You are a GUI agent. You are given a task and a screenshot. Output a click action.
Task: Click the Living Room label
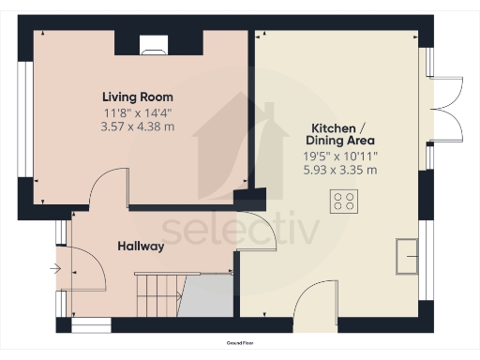(x=138, y=97)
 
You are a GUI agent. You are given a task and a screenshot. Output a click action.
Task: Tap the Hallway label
(x=141, y=247)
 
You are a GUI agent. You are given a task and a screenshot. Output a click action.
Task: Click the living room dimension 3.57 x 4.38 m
(x=138, y=127)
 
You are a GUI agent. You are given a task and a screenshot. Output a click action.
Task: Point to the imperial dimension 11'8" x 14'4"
(x=138, y=112)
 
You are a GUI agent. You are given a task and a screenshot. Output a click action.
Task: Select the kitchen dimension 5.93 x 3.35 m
(x=339, y=171)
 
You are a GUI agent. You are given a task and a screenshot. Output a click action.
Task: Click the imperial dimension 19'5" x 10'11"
(x=339, y=157)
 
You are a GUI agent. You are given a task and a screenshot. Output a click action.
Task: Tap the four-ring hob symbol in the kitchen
(x=343, y=201)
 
